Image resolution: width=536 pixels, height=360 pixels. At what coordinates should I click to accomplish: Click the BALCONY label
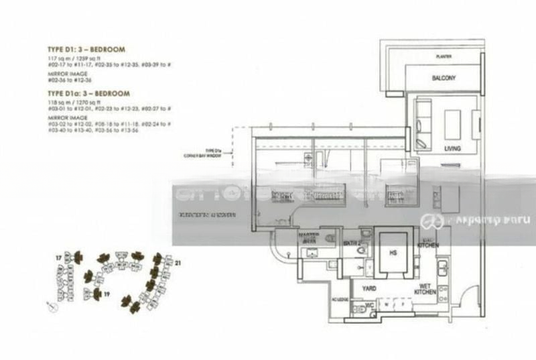point(444,78)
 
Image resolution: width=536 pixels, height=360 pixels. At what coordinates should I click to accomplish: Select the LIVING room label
point(452,147)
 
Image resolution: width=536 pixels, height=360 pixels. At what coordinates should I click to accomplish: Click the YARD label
point(369,288)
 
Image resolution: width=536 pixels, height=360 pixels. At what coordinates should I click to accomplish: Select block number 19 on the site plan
point(106,294)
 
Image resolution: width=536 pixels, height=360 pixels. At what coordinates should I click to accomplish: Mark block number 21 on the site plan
point(177,264)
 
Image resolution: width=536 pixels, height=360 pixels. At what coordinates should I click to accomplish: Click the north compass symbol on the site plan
point(51,306)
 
